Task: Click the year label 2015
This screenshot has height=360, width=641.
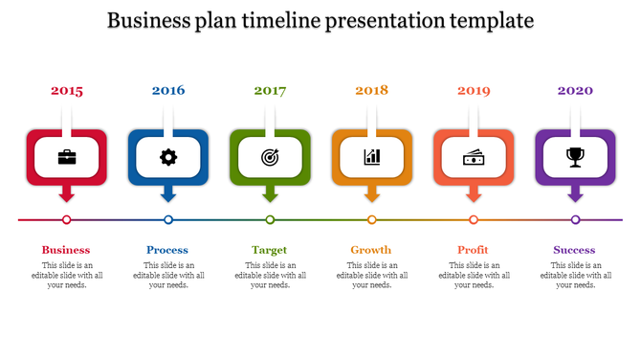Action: coord(67,91)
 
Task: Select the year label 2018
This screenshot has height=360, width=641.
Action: coord(371,90)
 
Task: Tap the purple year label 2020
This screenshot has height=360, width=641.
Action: coord(575,90)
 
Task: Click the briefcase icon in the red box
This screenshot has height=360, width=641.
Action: coord(67,157)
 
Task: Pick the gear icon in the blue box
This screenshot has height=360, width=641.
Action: coord(168,157)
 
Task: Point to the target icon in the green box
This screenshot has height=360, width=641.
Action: coord(270,157)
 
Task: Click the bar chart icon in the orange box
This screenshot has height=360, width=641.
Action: coord(372,157)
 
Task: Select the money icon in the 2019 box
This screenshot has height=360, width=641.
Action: coord(474,157)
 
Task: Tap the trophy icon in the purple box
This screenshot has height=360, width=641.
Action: coord(575,157)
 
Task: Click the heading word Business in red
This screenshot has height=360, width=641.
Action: coord(66,250)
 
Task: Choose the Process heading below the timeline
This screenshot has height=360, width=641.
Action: coord(167,250)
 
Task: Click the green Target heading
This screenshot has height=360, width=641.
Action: coord(270,250)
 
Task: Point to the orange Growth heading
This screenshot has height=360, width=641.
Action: coord(371,250)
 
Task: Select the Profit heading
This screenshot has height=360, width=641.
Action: coord(473,250)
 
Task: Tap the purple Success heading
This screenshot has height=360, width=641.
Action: coord(574,250)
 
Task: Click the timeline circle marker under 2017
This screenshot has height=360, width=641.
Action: coord(270,220)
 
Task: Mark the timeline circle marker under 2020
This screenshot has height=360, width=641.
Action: coord(575,220)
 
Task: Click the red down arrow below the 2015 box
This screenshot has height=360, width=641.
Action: coord(67,194)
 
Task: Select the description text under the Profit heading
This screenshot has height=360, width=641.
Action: coord(474,275)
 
